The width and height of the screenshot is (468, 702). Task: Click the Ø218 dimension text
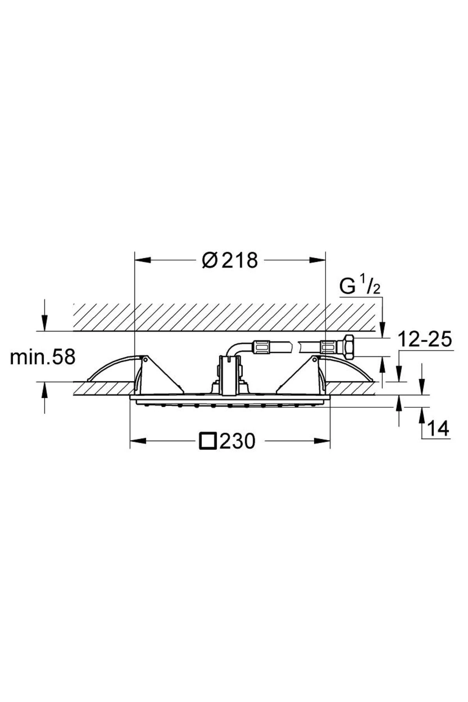point(230,261)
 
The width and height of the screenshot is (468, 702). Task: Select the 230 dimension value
point(237,441)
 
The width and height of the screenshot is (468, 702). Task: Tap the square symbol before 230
point(208,441)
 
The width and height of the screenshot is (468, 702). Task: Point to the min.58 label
point(42,357)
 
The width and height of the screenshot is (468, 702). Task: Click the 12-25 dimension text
point(425,339)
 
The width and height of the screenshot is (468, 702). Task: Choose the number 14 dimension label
point(438,429)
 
